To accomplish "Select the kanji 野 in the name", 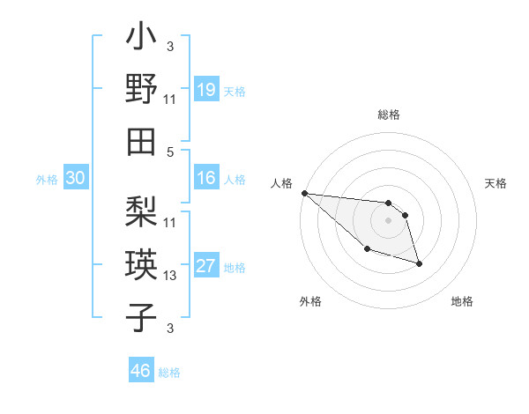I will [142, 89].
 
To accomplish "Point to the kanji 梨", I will [142, 211].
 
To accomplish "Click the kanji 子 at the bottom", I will [142, 316].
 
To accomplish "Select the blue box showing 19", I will [206, 89].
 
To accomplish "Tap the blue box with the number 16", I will [206, 178].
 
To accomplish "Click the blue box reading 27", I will [206, 267].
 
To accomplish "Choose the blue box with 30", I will [75, 178].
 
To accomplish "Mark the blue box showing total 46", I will [141, 371].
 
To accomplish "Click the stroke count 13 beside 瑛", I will [170, 276].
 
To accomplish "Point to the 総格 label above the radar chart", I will [388, 115].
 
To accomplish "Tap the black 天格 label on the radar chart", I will [496, 183].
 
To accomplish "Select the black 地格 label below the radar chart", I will [462, 301].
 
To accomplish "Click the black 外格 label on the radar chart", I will [310, 301].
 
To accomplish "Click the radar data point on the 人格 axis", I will [304, 193].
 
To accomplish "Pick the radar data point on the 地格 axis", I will [419, 263].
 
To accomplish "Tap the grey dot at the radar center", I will [388, 219].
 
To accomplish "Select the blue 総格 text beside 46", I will [169, 372].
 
